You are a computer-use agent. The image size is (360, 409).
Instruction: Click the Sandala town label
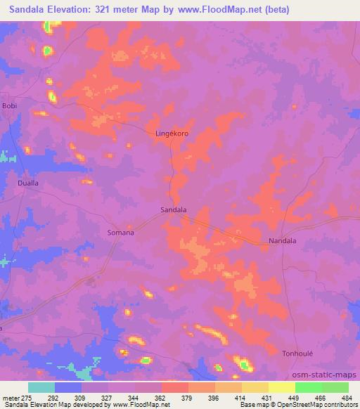point(174,209)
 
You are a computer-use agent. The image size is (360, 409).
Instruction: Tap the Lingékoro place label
point(172,132)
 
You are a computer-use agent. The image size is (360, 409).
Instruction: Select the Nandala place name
point(283,240)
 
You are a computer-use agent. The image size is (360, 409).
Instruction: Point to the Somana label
point(120,232)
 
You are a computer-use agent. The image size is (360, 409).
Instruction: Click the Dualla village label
point(27,183)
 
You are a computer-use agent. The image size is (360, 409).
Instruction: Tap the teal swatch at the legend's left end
point(41,387)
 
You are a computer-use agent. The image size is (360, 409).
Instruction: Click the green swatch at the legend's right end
point(335,387)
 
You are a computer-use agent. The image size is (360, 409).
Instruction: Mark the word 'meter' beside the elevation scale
point(10,398)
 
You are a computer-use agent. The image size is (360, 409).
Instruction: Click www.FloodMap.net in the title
point(219,10)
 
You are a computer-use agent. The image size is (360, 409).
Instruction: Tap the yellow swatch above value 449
point(281,387)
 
